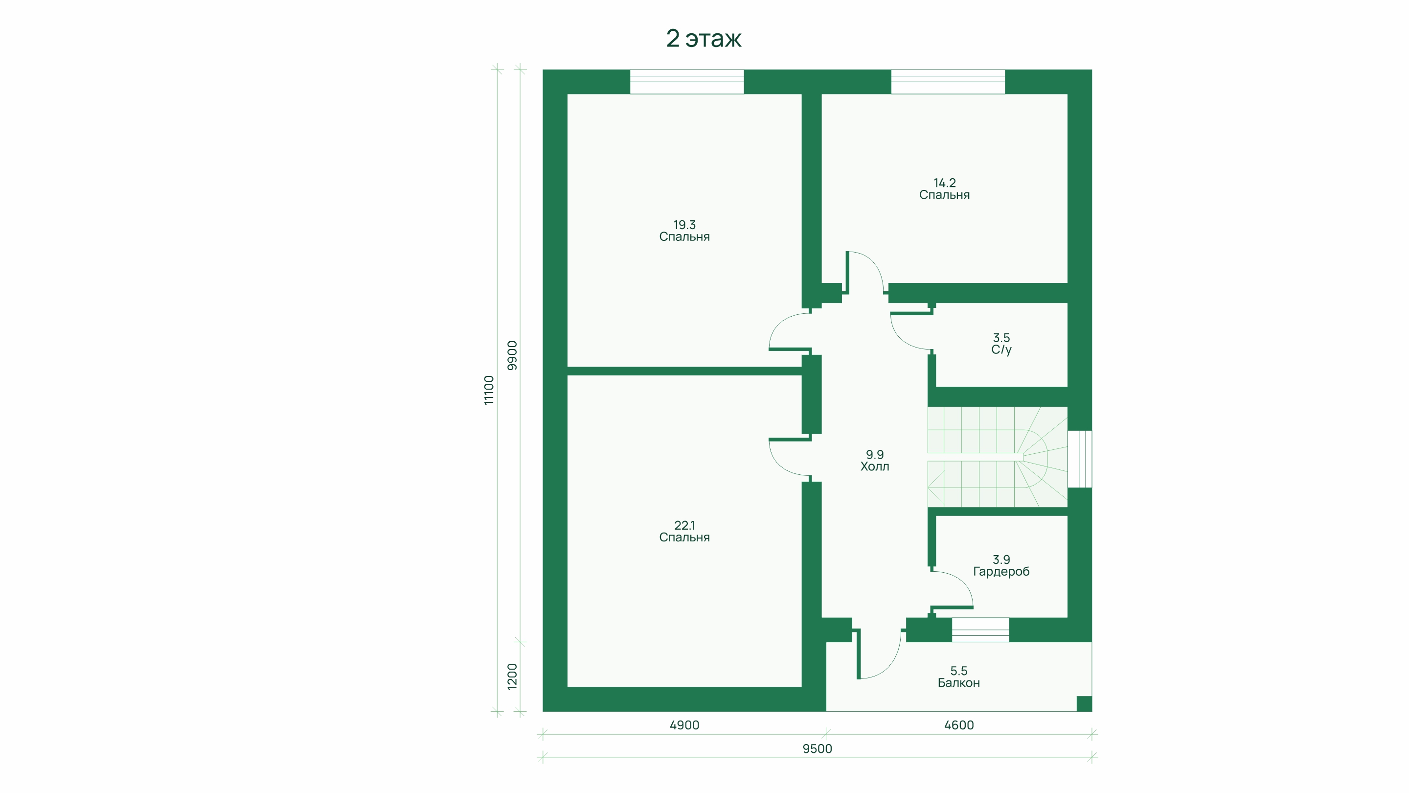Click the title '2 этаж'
click(704, 38)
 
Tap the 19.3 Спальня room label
click(684, 231)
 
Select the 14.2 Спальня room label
click(944, 189)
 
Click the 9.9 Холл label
click(875, 461)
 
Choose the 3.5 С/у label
click(1001, 344)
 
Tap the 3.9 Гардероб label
click(1001, 565)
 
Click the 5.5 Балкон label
click(958, 676)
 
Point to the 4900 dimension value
click(684, 725)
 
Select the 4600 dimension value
click(959, 725)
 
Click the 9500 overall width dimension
click(817, 748)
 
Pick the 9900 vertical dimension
click(512, 356)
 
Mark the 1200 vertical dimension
click(512, 676)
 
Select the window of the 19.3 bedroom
click(686, 82)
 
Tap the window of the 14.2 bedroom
click(948, 82)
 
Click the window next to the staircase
click(1080, 459)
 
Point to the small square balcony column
click(1084, 704)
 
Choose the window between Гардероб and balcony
click(980, 630)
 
